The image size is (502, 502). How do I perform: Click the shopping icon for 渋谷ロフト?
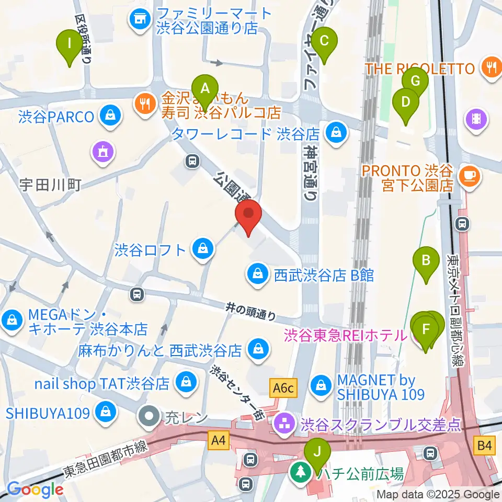pyautogui.click(x=201, y=249)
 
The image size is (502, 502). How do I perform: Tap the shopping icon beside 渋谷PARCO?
pyautogui.click(x=110, y=116)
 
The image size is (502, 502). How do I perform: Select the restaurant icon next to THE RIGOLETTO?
pyautogui.click(x=491, y=69)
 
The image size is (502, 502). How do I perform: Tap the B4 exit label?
pyautogui.click(x=485, y=446)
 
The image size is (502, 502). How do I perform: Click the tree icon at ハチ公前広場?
pyautogui.click(x=301, y=474)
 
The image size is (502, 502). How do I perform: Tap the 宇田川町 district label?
pyautogui.click(x=50, y=185)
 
